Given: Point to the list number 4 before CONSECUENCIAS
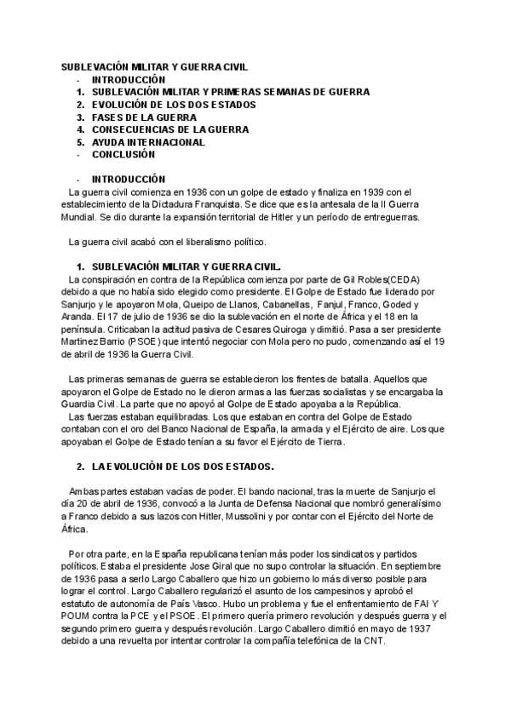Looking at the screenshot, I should click(79, 130).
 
